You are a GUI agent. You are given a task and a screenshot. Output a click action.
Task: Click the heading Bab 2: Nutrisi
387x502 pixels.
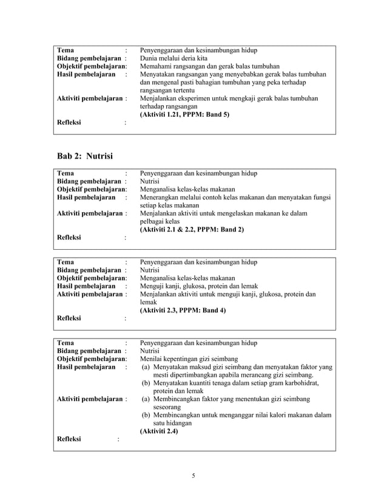coord(84,156)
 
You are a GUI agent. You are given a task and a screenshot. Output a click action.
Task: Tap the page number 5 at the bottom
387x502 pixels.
coord(193,475)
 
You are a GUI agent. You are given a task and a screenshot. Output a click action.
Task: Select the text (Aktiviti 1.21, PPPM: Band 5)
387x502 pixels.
coord(184,114)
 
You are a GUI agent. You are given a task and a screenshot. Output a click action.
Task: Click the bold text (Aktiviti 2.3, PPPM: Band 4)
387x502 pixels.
coord(183,310)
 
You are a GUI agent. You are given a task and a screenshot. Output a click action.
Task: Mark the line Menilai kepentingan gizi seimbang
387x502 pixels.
coord(189,359)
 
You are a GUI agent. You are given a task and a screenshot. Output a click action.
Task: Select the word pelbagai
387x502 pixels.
coord(154,222)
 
